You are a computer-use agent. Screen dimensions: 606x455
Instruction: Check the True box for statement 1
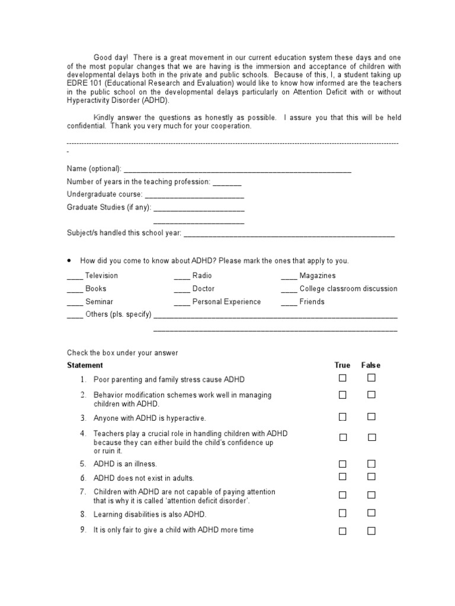coord(342,378)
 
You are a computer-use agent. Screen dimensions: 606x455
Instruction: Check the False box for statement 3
coord(371,417)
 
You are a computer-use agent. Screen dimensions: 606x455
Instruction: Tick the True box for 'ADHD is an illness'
coord(342,464)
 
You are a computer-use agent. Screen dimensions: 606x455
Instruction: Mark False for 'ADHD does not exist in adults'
coord(371,477)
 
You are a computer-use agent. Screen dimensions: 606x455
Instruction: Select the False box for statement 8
coord(371,513)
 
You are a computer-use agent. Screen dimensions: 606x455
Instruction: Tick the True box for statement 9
coord(342,531)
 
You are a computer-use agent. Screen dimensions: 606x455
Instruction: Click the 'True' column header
coord(342,365)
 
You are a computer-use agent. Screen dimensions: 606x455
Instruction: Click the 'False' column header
coord(371,365)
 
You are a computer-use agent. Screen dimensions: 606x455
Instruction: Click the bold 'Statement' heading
coord(85,365)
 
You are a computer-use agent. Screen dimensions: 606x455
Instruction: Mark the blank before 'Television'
coord(75,276)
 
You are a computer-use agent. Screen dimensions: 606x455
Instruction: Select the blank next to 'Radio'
coord(182,276)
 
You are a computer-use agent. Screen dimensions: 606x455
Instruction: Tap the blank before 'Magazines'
coord(289,276)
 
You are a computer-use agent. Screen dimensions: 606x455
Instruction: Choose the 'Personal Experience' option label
coord(226,302)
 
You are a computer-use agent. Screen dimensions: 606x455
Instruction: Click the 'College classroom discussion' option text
coord(348,289)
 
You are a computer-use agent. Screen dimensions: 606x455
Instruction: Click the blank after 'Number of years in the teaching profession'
coord(227,182)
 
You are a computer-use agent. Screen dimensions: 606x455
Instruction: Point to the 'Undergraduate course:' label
coord(105,195)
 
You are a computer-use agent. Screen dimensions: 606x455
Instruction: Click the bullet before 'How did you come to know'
coord(69,260)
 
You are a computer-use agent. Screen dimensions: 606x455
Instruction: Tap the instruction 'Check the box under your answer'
coord(123,353)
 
